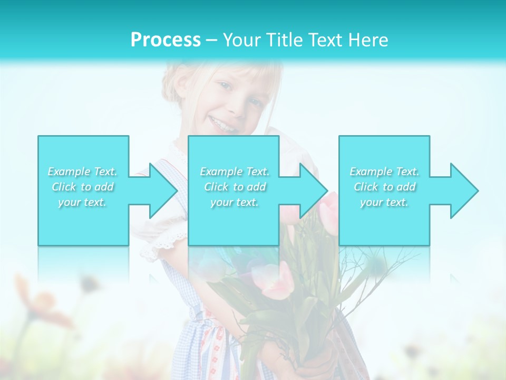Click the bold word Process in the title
[166, 40]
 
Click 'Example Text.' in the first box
[83, 172]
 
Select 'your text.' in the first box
[83, 202]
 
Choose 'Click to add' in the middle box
[235, 187]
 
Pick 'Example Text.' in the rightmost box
[385, 172]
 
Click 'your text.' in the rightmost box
[385, 202]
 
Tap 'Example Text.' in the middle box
[235, 172]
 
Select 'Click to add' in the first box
[83, 187]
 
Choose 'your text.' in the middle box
[235, 202]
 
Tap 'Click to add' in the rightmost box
[385, 187]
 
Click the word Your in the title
[242, 40]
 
